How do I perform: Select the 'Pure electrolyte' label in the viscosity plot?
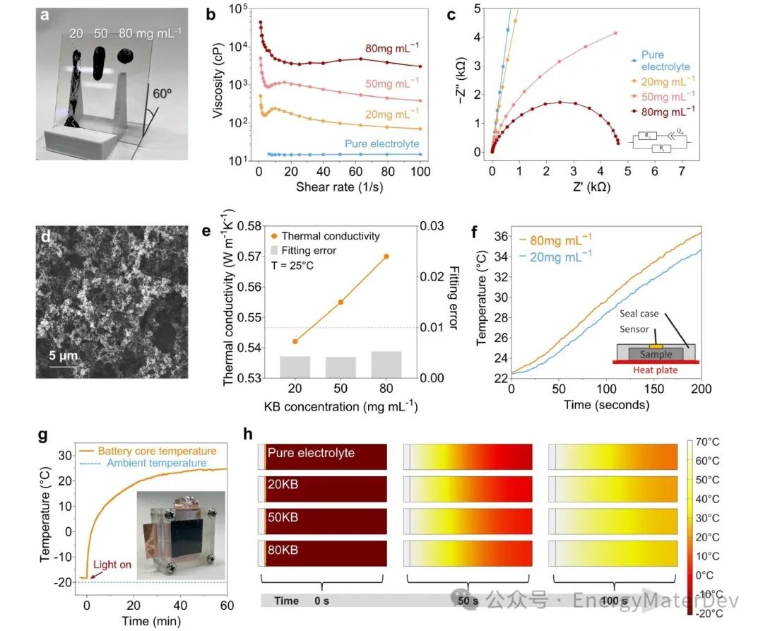pyautogui.click(x=382, y=143)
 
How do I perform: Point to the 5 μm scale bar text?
pyautogui.click(x=63, y=355)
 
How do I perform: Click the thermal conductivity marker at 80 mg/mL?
pyautogui.click(x=386, y=256)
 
